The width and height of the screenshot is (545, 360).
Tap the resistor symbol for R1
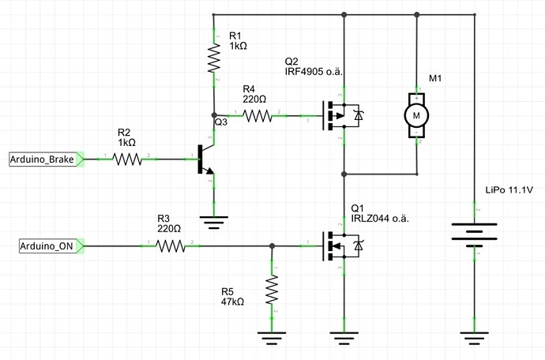pos(213,58)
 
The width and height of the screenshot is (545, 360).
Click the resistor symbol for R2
pos(127,159)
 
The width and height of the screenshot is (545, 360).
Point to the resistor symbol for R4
pos(257,116)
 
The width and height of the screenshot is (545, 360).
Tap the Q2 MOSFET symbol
pos(339,116)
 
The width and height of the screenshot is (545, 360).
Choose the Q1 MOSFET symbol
pos(339,247)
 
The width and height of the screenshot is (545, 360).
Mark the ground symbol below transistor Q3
pos(213,220)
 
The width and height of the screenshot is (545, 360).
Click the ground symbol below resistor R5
pos(272,338)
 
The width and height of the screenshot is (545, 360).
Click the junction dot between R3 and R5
pos(272,247)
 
